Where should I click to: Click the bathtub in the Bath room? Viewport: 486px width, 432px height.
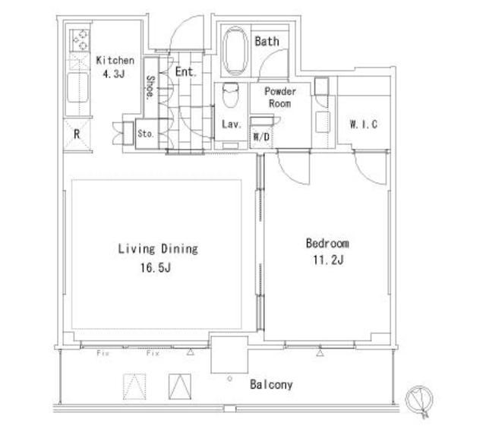235,51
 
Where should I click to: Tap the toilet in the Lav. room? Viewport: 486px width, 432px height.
231,95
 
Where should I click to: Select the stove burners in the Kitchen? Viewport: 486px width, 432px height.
80,40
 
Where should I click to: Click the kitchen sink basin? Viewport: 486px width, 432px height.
77,88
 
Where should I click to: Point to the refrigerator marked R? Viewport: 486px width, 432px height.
77,135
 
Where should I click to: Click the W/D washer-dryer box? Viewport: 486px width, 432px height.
261,137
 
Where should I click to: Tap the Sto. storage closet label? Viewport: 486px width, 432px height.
146,134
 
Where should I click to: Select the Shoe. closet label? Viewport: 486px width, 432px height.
150,87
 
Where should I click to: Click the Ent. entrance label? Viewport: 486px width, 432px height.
185,72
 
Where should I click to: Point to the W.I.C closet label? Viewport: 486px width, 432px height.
363,125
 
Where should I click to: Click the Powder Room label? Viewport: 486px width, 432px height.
280,97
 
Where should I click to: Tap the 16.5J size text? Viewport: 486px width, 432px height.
156,268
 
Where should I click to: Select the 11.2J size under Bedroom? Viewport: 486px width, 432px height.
328,260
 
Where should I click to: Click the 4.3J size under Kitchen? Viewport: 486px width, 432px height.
114,74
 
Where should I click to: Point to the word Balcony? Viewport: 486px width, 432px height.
271,385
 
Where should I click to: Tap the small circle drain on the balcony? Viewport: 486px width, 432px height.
229,378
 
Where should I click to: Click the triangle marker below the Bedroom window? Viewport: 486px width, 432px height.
320,353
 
